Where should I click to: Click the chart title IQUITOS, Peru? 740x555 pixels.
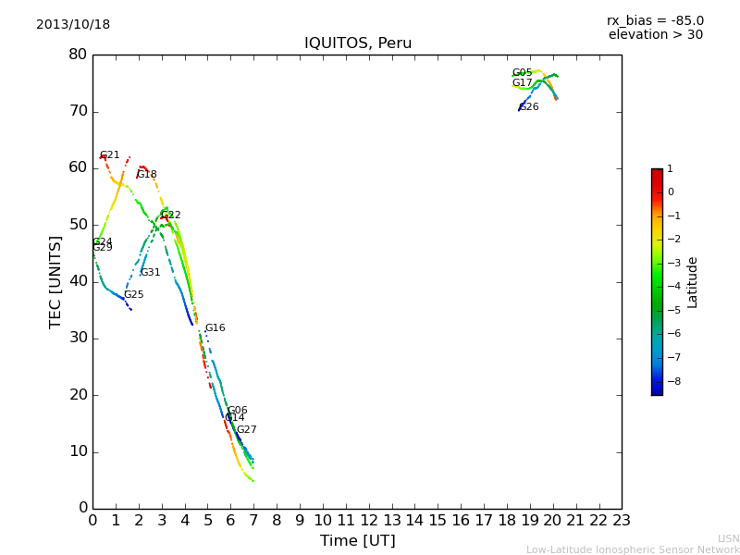(358, 43)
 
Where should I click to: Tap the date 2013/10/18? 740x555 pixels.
(73, 25)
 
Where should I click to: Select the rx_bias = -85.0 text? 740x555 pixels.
(655, 21)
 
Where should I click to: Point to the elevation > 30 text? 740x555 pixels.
(655, 35)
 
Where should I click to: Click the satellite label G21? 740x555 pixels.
(109, 155)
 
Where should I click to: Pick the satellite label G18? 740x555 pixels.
(146, 175)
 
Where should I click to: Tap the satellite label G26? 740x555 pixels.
(528, 107)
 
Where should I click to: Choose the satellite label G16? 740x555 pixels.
(215, 328)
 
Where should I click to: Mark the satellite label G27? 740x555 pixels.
(246, 430)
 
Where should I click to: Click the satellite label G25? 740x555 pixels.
(133, 295)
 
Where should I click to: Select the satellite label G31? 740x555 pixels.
(150, 273)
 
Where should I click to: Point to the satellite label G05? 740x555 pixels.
(522, 73)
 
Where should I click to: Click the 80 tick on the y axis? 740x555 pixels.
(78, 55)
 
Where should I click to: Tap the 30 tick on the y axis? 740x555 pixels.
(78, 338)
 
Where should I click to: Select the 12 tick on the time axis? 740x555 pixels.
(368, 521)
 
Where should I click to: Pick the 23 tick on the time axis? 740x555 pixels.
(622, 521)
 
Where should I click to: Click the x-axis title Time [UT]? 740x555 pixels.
(357, 541)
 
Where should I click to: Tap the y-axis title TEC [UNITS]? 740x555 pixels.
(55, 281)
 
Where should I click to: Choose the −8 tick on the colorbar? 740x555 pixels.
(671, 379)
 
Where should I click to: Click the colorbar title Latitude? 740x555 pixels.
(693, 282)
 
